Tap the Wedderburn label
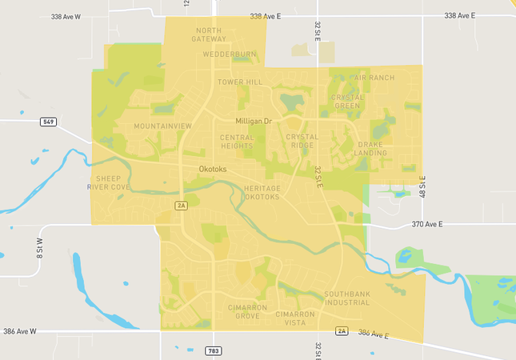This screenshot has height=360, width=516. point(229,54)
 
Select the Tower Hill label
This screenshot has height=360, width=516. point(240,82)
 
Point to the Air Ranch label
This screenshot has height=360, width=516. point(374,78)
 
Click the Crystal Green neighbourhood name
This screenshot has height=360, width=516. point(347,102)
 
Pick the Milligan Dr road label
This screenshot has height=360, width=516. point(254,121)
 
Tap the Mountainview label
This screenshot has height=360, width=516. point(163,126)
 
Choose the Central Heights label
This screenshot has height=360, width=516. point(237,142)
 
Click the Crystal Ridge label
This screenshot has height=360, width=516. point(302,142)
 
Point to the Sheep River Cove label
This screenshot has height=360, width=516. point(109,182)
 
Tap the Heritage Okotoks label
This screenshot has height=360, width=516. point(262,192)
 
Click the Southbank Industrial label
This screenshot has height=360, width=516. point(347,299)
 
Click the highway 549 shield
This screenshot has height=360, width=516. point(50,122)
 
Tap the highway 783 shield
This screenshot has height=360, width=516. point(214,350)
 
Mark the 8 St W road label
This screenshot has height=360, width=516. point(39,246)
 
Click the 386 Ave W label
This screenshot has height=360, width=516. point(21,330)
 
